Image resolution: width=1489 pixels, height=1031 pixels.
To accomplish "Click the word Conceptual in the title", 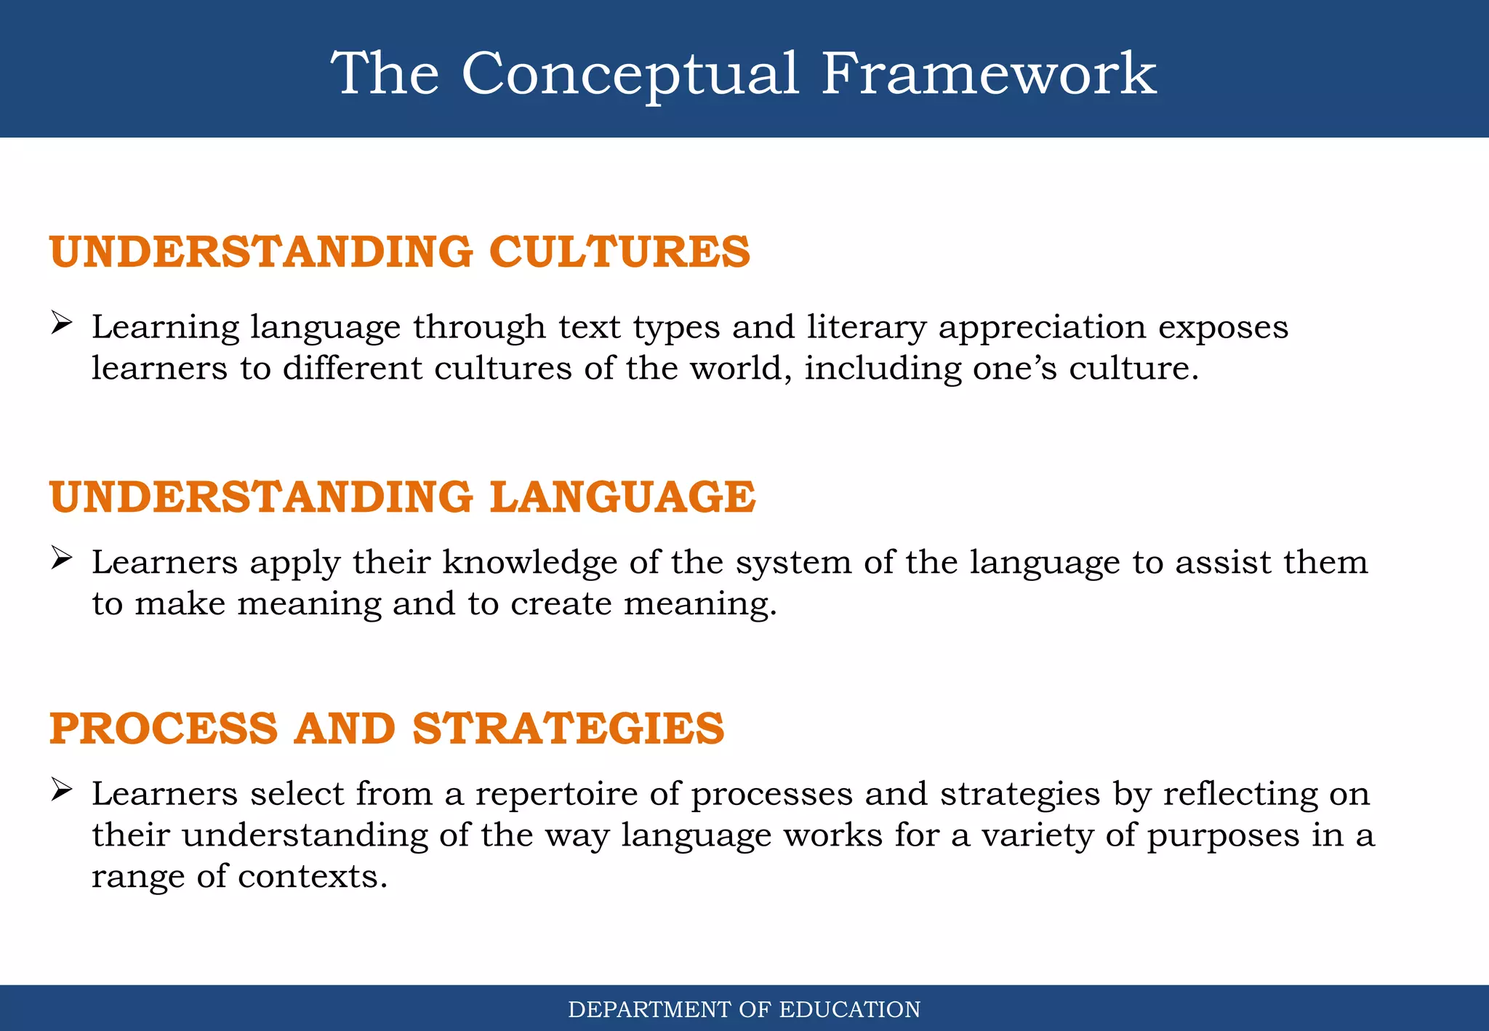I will pos(630,74).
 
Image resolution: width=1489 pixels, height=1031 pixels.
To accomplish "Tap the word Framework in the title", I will pos(989,74).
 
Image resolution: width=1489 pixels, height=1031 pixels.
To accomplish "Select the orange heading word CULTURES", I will pos(619,252).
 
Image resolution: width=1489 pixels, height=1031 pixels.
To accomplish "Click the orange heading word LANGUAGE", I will pos(622,497).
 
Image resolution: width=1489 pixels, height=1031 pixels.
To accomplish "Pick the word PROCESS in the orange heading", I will pos(164,728).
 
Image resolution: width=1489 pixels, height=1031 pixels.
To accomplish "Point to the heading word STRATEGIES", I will pos(569,728).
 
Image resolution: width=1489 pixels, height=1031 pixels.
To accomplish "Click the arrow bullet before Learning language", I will pos(62,323).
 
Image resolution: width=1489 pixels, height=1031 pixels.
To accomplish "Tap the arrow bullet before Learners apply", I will pos(62,558).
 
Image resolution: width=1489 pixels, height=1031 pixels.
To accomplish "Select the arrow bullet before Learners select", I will pos(62,790).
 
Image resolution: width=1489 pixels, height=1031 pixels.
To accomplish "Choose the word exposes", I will pos(1223,328).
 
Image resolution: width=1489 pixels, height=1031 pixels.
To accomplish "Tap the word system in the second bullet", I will pos(793,563).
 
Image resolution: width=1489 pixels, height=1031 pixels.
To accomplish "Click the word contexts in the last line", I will pos(313,876).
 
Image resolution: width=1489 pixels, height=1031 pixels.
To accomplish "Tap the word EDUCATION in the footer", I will pos(850,1010).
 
